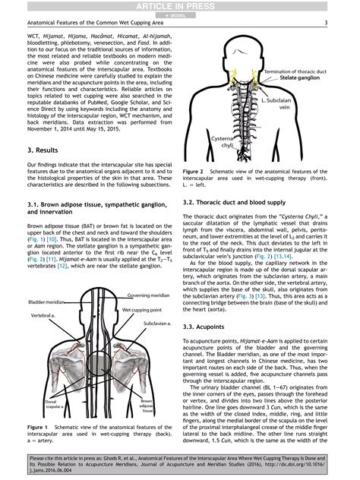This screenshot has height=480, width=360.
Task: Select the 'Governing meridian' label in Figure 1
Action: (149, 294)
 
